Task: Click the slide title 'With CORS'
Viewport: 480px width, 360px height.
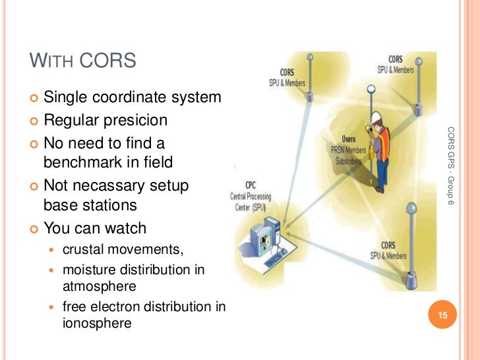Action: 83,61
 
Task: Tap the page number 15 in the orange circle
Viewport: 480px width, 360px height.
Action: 443,316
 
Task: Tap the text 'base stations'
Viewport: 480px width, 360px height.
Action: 90,205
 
